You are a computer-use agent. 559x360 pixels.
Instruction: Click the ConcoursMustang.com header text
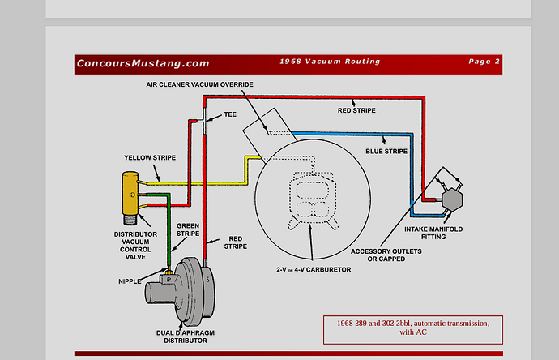pyautogui.click(x=143, y=63)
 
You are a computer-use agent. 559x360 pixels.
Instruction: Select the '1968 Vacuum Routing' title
pyautogui.click(x=330, y=62)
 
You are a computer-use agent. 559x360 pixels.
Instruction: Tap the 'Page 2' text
pyautogui.click(x=484, y=62)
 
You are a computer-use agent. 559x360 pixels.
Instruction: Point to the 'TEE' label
pyautogui.click(x=230, y=115)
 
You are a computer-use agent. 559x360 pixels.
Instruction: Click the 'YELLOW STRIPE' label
pyautogui.click(x=151, y=157)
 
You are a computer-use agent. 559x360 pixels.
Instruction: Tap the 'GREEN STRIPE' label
pyautogui.click(x=188, y=229)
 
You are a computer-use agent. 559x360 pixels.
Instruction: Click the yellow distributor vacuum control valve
pyautogui.click(x=130, y=195)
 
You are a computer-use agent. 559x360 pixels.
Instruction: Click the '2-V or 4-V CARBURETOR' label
pyautogui.click(x=313, y=268)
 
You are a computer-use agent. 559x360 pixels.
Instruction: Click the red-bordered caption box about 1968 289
pyautogui.click(x=413, y=327)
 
